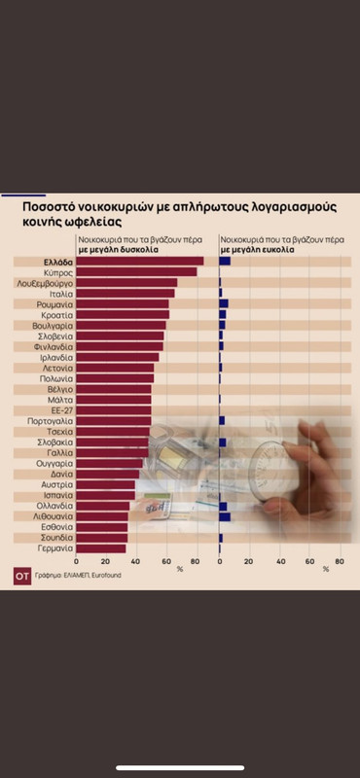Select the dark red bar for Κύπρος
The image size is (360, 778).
(x=136, y=271)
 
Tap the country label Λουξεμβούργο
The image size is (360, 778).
(x=45, y=282)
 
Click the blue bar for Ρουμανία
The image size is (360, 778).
(x=223, y=303)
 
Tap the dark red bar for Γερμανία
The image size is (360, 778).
(x=101, y=548)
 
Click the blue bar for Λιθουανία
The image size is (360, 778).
(x=224, y=515)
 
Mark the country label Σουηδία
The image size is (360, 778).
(x=55, y=537)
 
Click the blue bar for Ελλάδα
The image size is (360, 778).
(x=224, y=261)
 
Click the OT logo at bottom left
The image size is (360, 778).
(x=21, y=574)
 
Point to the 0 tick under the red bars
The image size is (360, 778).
(x=77, y=561)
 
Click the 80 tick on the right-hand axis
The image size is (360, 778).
(x=339, y=561)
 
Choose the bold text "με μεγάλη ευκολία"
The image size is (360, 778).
(x=255, y=249)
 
